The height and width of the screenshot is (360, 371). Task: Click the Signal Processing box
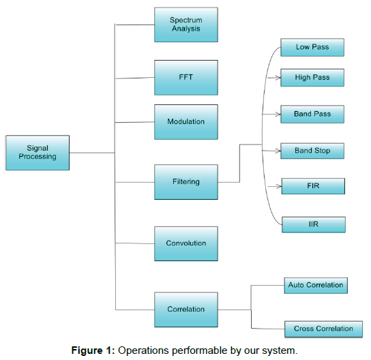(x=38, y=153)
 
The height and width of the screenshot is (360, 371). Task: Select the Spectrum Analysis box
(x=186, y=25)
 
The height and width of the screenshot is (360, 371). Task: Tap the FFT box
(x=186, y=78)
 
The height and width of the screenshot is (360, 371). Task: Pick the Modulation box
(x=186, y=122)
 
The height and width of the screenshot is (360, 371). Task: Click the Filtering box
(x=186, y=182)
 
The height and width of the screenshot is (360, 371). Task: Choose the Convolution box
(x=186, y=243)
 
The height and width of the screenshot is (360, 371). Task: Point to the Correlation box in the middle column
(x=186, y=310)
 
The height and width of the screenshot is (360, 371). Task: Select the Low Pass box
(x=312, y=47)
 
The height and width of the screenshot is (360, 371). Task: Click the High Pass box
(x=312, y=78)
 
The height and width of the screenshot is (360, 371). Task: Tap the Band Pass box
(x=312, y=115)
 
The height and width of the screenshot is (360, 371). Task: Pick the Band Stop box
(x=312, y=151)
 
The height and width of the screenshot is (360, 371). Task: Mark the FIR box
(x=313, y=186)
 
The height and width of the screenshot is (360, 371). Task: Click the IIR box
(x=314, y=224)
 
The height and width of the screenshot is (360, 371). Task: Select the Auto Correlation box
(x=316, y=286)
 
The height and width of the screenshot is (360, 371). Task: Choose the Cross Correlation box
(x=323, y=329)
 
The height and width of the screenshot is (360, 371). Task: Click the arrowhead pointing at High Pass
(x=278, y=78)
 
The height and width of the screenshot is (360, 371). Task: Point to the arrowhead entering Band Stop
(x=278, y=151)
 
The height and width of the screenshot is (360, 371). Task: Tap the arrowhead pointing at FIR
(x=279, y=186)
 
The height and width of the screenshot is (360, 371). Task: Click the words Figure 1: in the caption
(x=93, y=350)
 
